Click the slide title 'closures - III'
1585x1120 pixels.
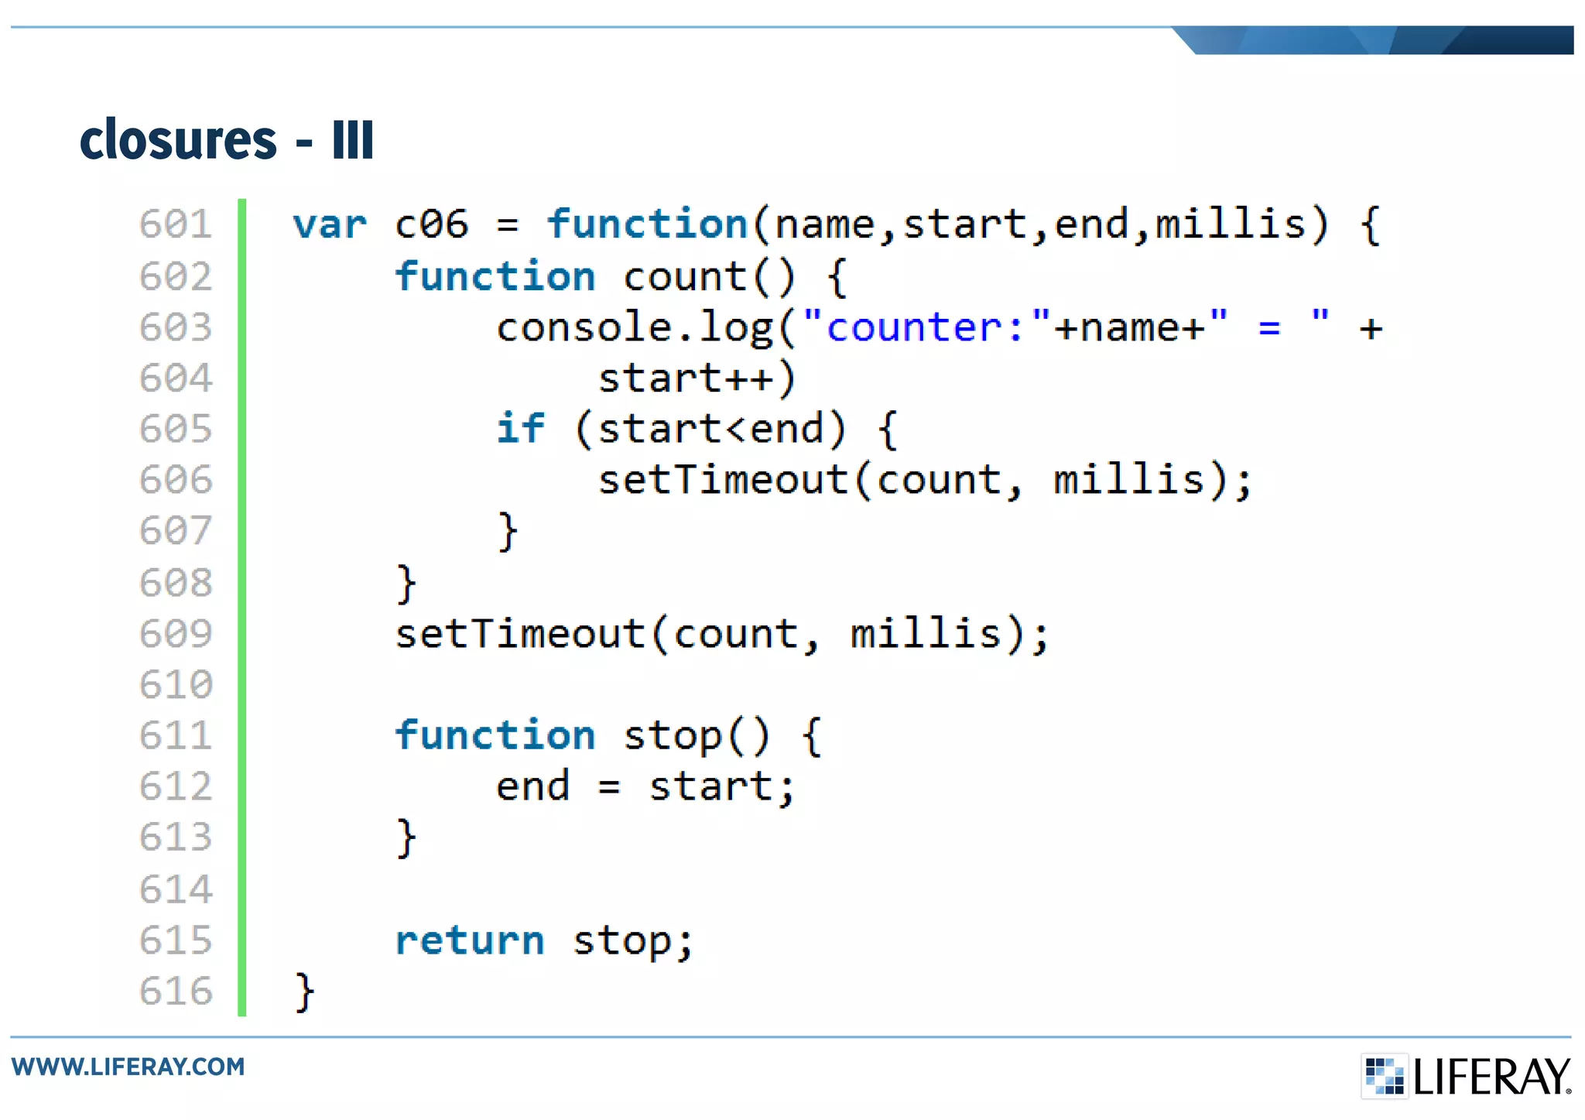click(227, 140)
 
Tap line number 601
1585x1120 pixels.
click(176, 225)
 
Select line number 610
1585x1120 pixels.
click(176, 685)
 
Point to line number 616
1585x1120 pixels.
click(176, 992)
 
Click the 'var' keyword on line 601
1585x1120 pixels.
click(330, 225)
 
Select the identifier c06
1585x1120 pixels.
click(432, 225)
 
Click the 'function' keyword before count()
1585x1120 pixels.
click(495, 277)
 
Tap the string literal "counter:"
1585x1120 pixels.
click(927, 327)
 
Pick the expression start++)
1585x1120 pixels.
click(697, 378)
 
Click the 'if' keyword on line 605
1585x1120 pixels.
click(520, 429)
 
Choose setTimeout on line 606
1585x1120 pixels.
click(724, 480)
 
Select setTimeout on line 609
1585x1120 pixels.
click(520, 634)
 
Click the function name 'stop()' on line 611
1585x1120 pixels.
click(697, 736)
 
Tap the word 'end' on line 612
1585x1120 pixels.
click(533, 787)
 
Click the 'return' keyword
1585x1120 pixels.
click(470, 941)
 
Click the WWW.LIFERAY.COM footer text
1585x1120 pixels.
click(128, 1067)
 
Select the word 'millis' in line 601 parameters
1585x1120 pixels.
click(1231, 225)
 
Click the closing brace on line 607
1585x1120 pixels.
click(508, 532)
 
